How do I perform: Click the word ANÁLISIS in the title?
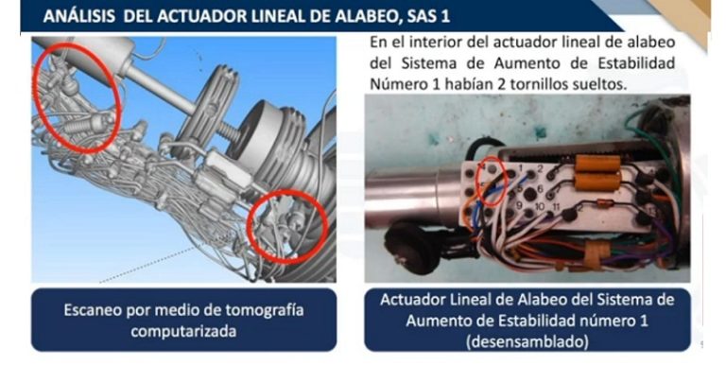79,16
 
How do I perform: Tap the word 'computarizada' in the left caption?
183,331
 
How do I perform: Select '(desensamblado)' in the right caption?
527,341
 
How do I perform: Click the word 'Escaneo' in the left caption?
92,310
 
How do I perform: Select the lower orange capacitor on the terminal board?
597,182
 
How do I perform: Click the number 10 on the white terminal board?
539,206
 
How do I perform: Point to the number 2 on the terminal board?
540,169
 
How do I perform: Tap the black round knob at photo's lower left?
413,246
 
